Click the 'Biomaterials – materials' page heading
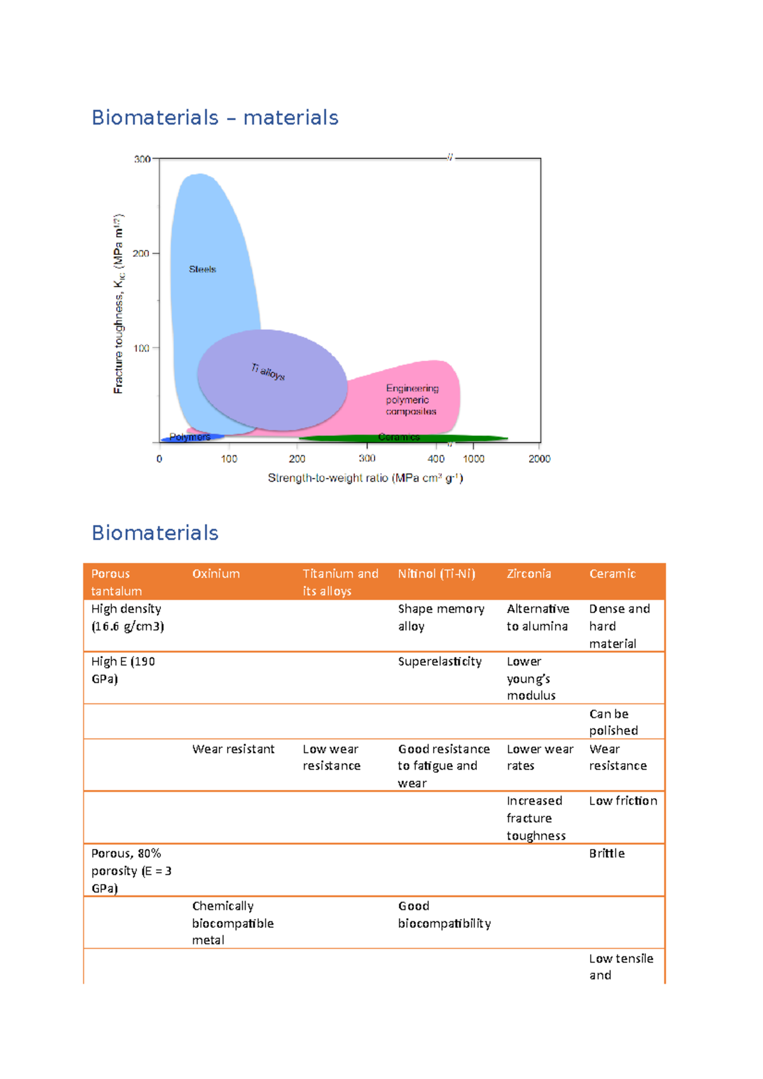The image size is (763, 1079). point(214,118)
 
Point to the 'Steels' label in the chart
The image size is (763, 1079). point(202,269)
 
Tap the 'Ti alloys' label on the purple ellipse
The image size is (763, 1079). point(268,372)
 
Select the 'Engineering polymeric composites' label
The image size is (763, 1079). point(411,400)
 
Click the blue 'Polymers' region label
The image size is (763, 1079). point(189,437)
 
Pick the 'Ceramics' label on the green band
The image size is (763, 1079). point(399,437)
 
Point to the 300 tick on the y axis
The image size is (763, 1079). point(142,159)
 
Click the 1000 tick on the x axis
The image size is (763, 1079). point(473,459)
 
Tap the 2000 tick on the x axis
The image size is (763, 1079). point(539,459)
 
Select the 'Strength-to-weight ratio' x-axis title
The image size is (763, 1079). point(365,478)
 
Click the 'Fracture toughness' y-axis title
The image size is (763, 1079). point(119,304)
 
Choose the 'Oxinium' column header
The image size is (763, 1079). point(216,574)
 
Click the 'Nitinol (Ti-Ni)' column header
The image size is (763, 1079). point(436,574)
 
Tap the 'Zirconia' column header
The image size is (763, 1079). point(528,574)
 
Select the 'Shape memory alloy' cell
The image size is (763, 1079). point(441,617)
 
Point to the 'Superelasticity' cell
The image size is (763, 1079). point(439,662)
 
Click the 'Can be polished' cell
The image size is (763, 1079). point(613,722)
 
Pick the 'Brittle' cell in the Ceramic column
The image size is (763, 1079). point(607,853)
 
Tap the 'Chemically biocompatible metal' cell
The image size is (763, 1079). point(233,923)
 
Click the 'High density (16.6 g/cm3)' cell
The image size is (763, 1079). point(127,617)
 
